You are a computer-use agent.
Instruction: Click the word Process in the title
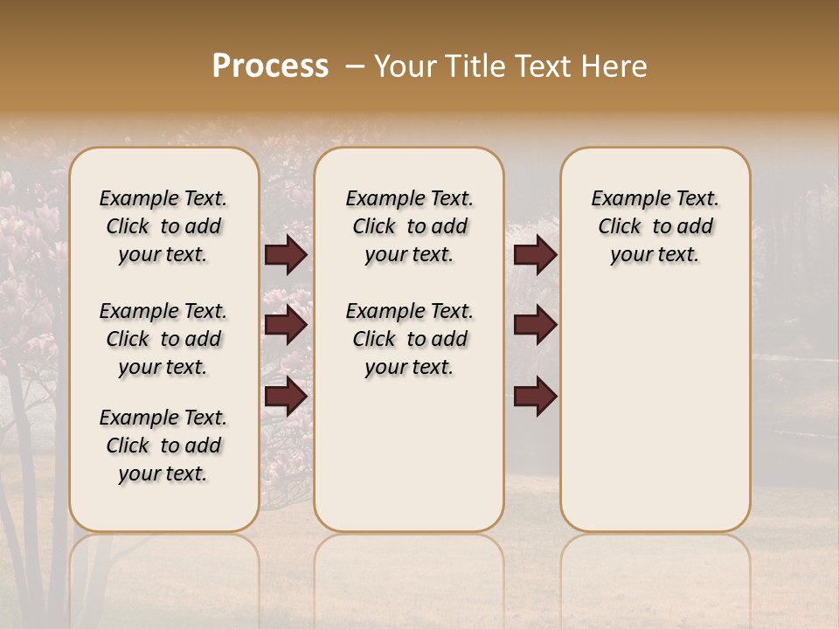pos(270,66)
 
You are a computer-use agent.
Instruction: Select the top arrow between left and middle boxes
pos(286,255)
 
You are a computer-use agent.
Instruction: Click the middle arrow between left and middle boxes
pos(286,326)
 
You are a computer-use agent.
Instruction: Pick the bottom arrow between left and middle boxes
pos(286,397)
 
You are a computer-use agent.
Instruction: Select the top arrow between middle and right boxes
pos(535,255)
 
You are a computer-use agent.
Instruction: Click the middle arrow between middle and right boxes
pos(535,326)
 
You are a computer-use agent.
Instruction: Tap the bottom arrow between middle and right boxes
pos(535,397)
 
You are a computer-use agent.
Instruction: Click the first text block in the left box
pos(163,226)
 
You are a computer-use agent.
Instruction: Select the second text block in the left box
pos(163,339)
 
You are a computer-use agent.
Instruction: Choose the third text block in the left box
pos(163,446)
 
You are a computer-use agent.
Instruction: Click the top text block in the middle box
pos(409,226)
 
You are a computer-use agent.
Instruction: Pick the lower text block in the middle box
pos(409,339)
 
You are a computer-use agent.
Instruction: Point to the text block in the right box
pos(655,226)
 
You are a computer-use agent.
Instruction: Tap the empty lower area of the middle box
pos(409,454)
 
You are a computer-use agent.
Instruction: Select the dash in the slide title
pos(355,66)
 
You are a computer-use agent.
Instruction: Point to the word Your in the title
pos(403,66)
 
